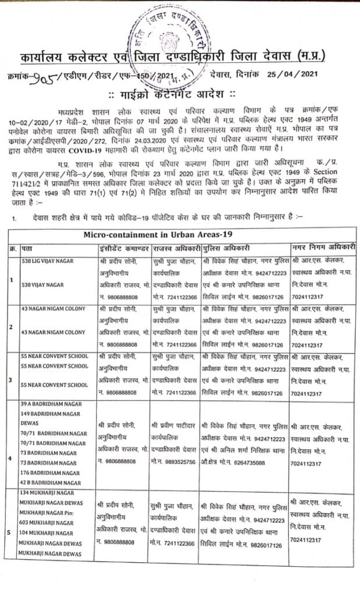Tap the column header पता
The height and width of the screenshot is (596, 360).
point(27,248)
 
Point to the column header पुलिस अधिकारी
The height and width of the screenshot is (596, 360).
point(224,248)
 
